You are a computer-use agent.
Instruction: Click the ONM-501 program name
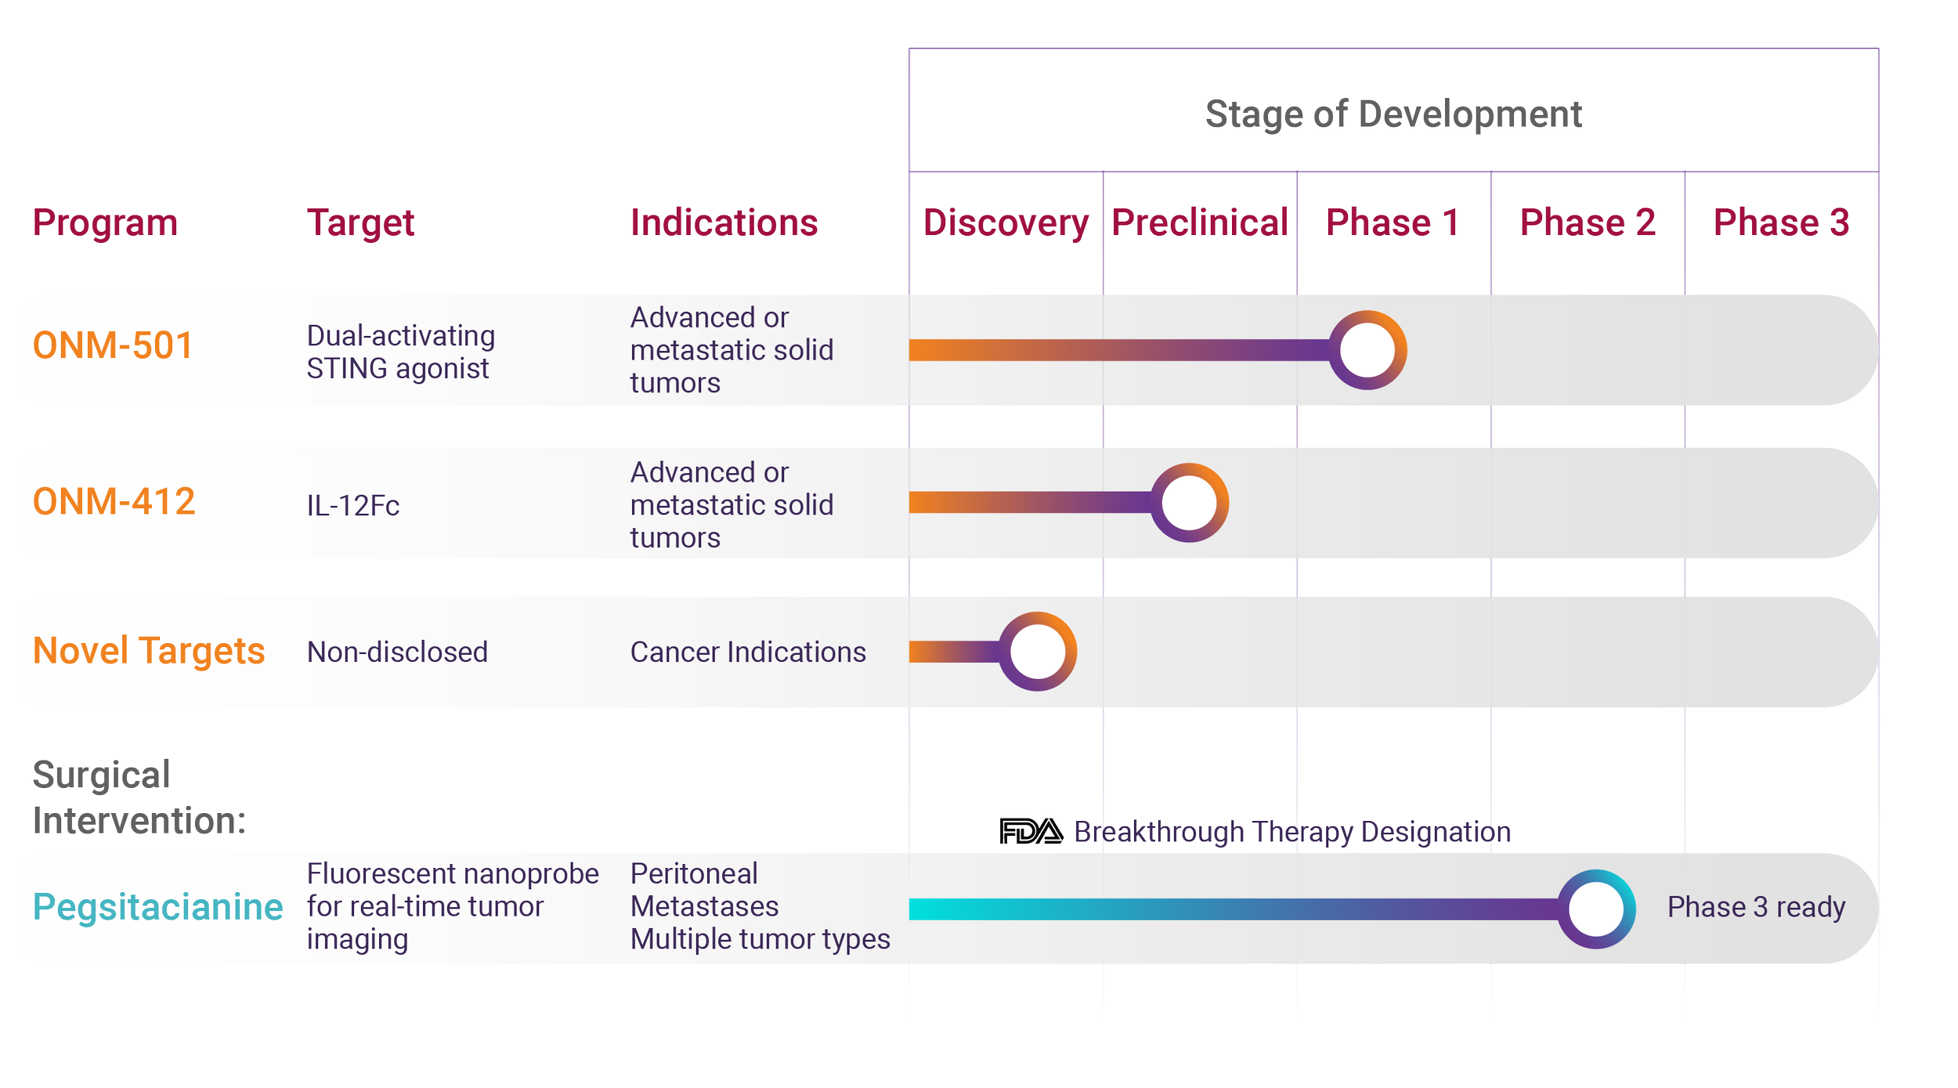point(113,345)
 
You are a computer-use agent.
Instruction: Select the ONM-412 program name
point(114,501)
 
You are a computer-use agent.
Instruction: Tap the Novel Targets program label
point(149,651)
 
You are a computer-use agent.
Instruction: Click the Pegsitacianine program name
point(157,907)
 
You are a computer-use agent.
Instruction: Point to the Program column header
point(106,223)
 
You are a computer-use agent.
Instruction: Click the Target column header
point(360,223)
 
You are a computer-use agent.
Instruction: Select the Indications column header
point(724,223)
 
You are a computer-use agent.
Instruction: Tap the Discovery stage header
point(1006,223)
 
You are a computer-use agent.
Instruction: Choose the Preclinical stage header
point(1200,223)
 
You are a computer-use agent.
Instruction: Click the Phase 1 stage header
point(1392,223)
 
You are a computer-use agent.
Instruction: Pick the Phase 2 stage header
point(1588,223)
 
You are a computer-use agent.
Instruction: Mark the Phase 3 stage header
point(1781,223)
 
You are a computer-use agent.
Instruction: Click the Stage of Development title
point(1393,114)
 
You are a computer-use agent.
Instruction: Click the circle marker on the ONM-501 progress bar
point(1367,350)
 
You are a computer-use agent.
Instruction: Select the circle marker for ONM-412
point(1189,503)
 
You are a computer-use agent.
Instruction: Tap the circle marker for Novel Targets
point(1038,652)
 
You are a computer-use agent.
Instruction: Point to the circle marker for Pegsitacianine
point(1596,909)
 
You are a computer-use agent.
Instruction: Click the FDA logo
point(1031,831)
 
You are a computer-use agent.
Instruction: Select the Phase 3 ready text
point(1756,907)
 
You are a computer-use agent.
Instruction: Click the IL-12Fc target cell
point(353,506)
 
